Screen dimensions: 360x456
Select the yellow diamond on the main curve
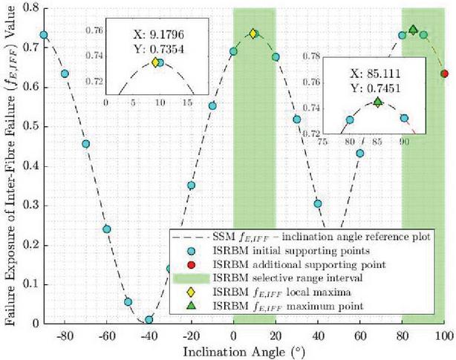pyautogui.click(x=253, y=33)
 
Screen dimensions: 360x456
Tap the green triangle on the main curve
pyautogui.click(x=413, y=30)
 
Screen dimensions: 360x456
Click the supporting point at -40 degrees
pyautogui.click(x=149, y=319)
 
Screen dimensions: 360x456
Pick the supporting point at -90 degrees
pyautogui.click(x=44, y=35)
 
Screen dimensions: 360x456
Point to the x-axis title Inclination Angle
pyautogui.click(x=244, y=349)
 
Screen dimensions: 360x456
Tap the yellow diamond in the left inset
pyautogui.click(x=155, y=62)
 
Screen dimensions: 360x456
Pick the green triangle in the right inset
pyautogui.click(x=377, y=102)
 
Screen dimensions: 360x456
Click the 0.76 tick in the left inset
pyautogui.click(x=96, y=31)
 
